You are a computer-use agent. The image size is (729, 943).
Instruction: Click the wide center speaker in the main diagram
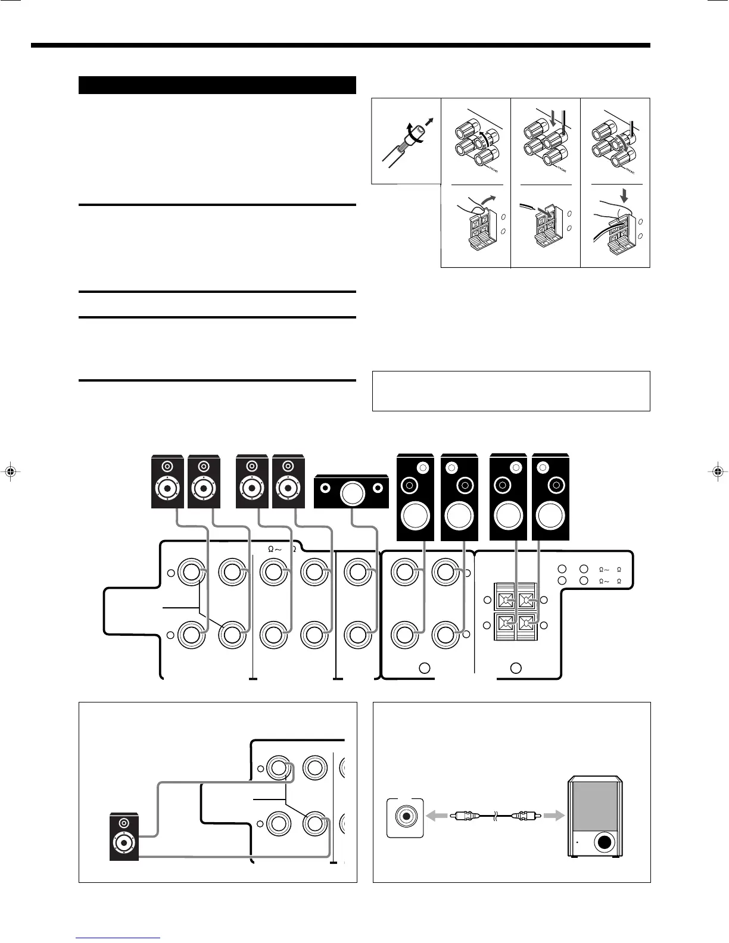[351, 491]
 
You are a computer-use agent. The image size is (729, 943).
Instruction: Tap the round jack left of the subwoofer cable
[406, 816]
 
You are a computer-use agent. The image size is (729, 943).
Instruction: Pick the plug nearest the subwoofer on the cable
[529, 816]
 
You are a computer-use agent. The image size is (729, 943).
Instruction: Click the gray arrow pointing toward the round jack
[438, 816]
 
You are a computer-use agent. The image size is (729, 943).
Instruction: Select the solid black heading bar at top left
[217, 85]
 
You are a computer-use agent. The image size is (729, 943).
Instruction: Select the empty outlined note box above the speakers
[510, 391]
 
